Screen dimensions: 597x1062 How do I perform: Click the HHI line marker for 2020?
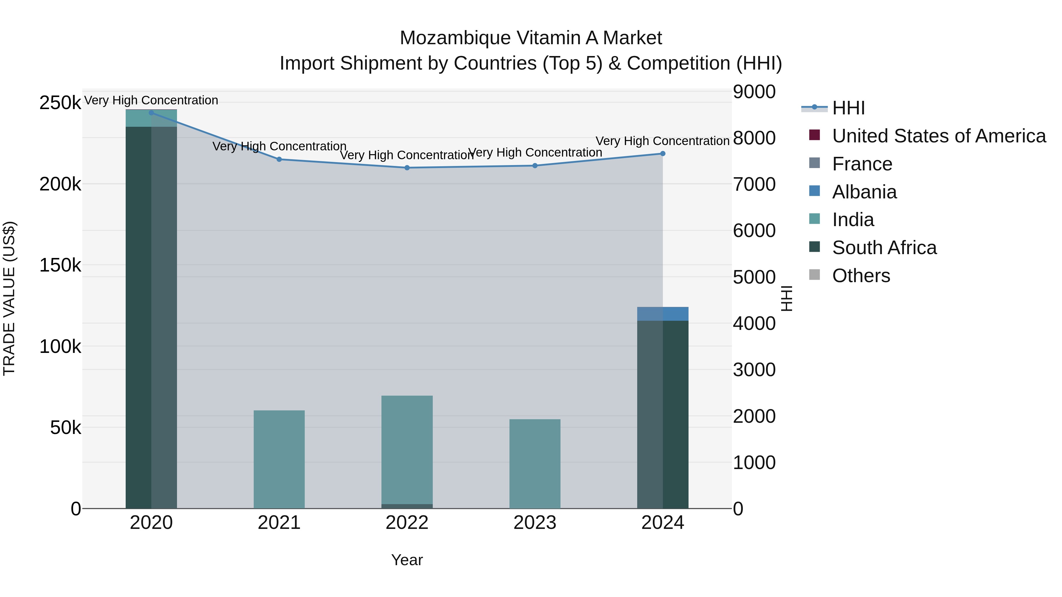[151, 113]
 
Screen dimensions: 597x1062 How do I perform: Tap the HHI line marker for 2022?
[407, 168]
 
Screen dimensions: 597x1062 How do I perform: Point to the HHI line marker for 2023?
[535, 166]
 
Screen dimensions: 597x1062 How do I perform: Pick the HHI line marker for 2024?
[663, 154]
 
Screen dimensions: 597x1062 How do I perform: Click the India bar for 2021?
[279, 459]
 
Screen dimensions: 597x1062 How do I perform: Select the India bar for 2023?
[535, 463]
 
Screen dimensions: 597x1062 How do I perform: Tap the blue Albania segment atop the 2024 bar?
[663, 314]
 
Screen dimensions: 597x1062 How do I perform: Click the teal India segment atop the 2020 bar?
[151, 119]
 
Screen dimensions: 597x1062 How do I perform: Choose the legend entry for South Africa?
[884, 248]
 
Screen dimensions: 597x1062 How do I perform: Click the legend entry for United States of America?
[939, 136]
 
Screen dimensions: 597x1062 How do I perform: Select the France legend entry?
[862, 164]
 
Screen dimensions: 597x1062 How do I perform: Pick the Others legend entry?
[861, 276]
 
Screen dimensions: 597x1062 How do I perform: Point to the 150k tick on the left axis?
[60, 265]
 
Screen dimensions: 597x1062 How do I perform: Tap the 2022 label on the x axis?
[407, 523]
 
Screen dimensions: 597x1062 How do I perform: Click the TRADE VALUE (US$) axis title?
[9, 298]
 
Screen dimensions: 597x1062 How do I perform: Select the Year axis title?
[407, 560]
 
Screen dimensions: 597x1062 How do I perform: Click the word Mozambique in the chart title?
[455, 38]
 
